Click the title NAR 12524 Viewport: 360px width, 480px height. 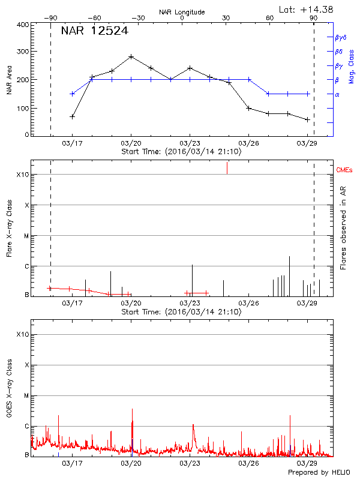click(x=95, y=31)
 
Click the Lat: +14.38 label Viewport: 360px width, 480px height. click(x=307, y=8)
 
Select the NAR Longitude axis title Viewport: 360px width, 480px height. click(x=182, y=11)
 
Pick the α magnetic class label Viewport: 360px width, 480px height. click(x=337, y=94)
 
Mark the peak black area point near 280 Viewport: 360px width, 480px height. click(x=131, y=56)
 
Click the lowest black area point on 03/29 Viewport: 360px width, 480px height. click(x=308, y=119)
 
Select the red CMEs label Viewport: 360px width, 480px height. click(x=345, y=171)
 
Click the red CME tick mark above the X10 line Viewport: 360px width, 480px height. click(x=227, y=168)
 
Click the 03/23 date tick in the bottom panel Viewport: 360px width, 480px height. click(x=190, y=463)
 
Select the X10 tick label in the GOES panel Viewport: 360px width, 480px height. click(x=22, y=334)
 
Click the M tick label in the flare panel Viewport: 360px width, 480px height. click(x=26, y=236)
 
